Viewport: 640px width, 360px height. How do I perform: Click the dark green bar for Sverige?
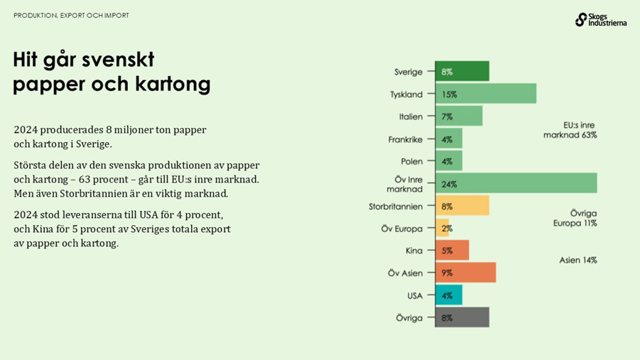(462, 72)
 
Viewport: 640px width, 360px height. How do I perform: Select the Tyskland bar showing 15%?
(485, 94)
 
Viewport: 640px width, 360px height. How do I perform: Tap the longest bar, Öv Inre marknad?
(516, 184)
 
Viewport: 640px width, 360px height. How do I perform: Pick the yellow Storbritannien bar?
(462, 207)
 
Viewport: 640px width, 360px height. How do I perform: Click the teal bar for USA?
(448, 295)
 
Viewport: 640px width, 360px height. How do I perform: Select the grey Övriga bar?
(462, 317)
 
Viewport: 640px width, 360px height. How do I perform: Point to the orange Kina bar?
(452, 251)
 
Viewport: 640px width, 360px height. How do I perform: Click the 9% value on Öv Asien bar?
(447, 273)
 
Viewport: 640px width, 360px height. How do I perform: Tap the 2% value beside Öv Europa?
(447, 229)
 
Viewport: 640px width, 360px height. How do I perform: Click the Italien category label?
(411, 116)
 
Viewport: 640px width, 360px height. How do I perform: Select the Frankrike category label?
(406, 139)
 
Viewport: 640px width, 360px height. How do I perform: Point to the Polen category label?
(411, 161)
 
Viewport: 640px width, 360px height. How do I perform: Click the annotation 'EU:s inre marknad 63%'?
(570, 129)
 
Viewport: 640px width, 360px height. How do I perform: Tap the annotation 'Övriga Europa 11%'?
(575, 218)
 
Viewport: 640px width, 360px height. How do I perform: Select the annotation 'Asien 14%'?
(577, 261)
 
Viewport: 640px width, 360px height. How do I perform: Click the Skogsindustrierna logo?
(600, 19)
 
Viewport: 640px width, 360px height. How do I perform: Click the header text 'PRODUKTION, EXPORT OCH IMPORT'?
(72, 16)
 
